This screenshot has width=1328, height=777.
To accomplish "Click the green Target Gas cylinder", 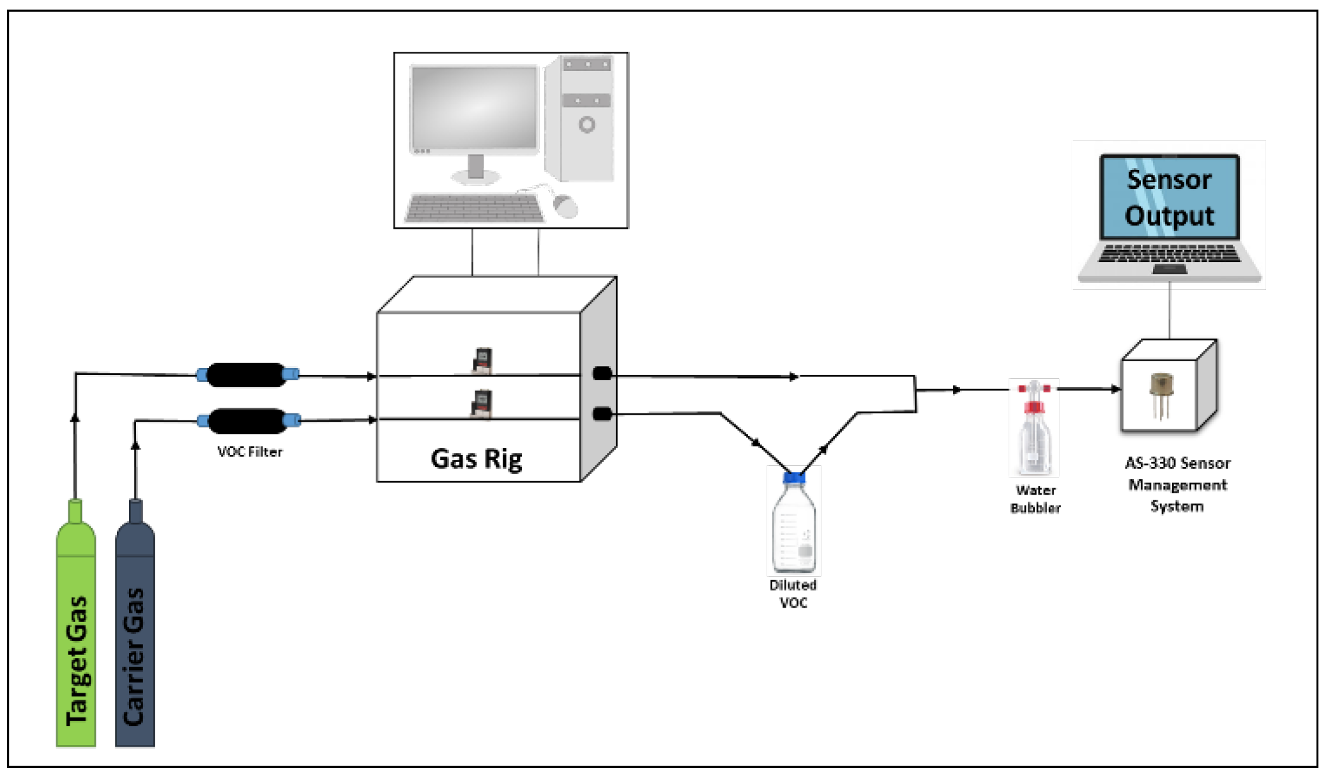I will coord(76,639).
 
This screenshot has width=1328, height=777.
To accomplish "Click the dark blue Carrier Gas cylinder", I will coord(135,639).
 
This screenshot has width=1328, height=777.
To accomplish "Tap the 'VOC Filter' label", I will coord(250,452).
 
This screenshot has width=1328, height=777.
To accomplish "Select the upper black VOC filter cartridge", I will coord(247,375).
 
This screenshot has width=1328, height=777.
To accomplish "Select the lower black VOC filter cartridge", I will coord(248,420).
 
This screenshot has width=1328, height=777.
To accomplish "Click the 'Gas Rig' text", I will coord(477,459).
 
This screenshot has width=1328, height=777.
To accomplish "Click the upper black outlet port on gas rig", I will coord(602,373).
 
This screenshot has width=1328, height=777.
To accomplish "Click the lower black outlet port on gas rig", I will coord(602,414).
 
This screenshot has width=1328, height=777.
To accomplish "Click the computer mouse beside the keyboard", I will coord(565,205).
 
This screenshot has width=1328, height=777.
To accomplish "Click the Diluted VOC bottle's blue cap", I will coord(794,477).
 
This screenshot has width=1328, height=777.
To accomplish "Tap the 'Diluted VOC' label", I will coord(793,594).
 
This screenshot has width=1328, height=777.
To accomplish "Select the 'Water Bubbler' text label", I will coord(1035,499).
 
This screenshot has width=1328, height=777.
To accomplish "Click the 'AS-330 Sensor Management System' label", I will coord(1177,484).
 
